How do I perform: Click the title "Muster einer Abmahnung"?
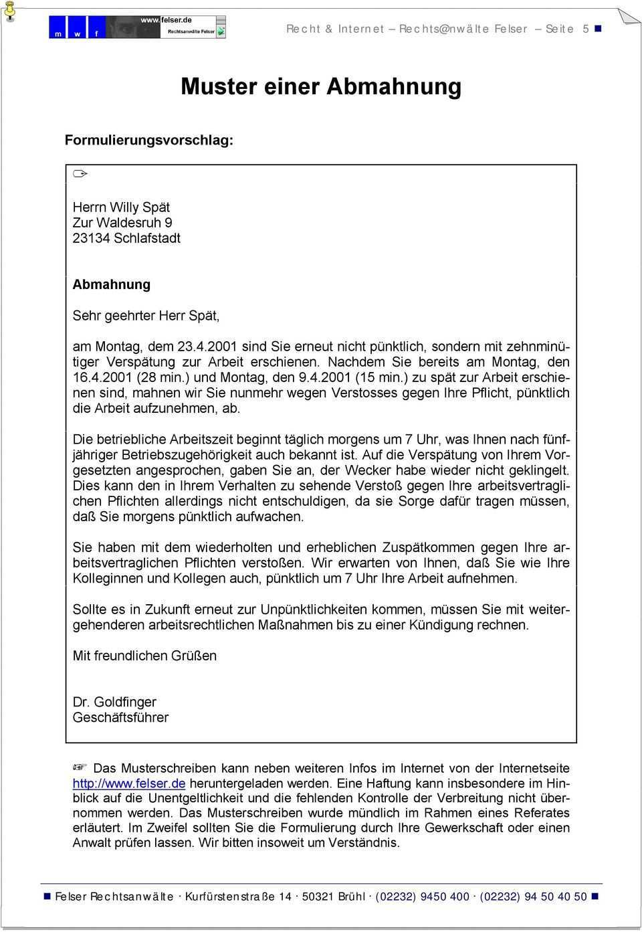pos(321,87)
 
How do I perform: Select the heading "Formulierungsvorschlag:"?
pos(149,141)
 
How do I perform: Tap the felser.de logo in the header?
pos(137,27)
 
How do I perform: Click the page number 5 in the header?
pos(586,29)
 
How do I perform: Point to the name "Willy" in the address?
pos(124,207)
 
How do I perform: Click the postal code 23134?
pos(91,238)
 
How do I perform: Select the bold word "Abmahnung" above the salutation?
pos(112,284)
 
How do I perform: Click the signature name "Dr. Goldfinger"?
pos(114,702)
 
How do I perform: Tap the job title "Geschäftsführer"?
pos(120,717)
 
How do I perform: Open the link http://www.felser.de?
pos(129,783)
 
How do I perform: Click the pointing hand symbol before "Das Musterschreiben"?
pos(80,767)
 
